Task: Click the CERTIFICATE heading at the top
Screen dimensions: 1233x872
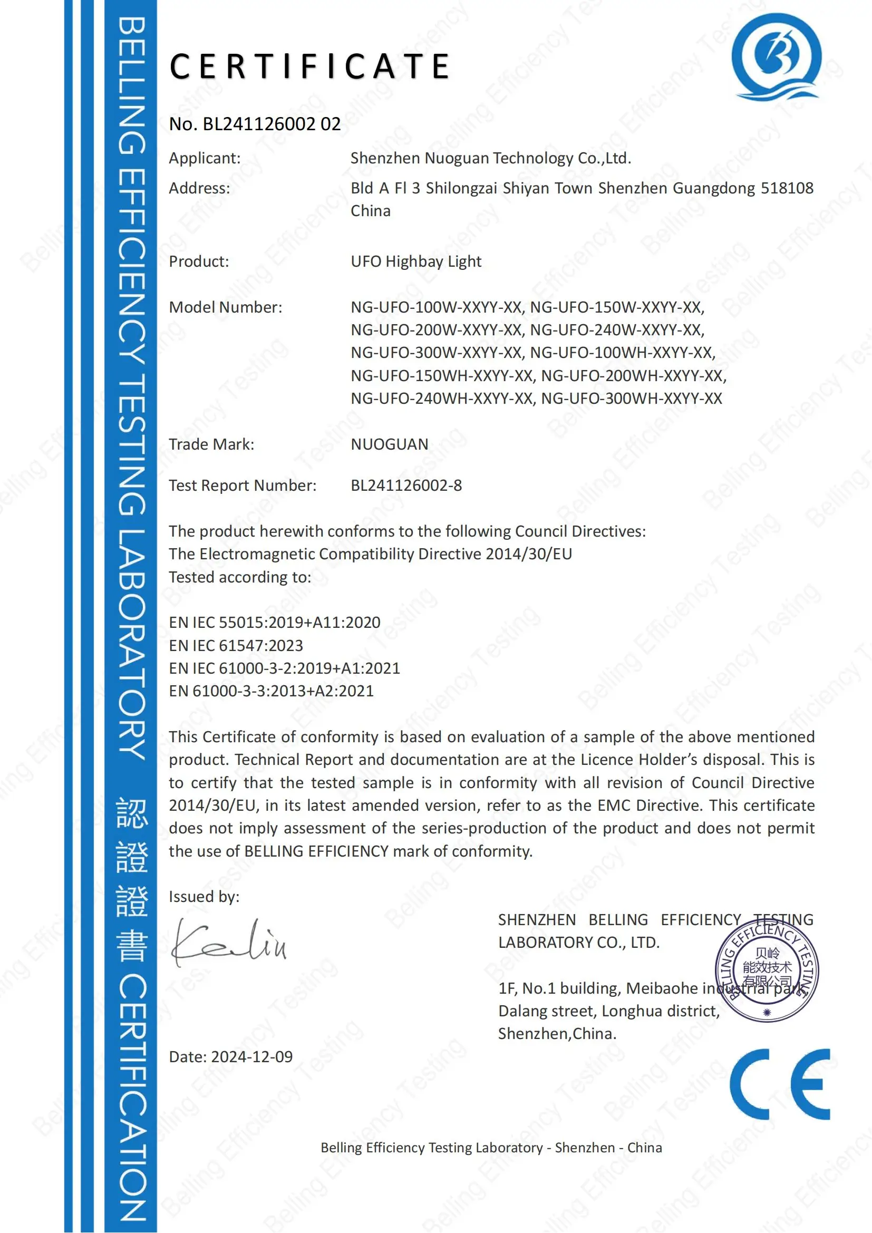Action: (x=309, y=66)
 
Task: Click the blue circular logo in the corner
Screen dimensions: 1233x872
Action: (x=776, y=57)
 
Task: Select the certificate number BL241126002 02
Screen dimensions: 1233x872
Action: (x=271, y=124)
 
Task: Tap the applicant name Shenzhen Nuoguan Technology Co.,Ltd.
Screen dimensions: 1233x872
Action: (x=490, y=158)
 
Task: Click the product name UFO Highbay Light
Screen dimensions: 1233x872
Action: (x=415, y=261)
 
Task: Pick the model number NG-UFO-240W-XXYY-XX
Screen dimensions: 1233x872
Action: (x=616, y=329)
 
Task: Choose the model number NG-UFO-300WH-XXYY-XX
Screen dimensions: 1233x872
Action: (x=631, y=398)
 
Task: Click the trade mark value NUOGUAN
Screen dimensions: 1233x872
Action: (x=389, y=444)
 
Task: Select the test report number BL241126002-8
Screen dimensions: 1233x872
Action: (x=406, y=486)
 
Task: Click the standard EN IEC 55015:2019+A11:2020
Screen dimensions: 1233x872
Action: (x=274, y=623)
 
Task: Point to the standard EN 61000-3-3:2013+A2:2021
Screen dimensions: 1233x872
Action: (x=270, y=691)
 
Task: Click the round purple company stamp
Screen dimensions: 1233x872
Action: (x=766, y=972)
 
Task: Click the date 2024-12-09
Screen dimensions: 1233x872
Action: (x=252, y=1057)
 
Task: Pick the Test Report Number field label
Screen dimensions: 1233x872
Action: (x=242, y=486)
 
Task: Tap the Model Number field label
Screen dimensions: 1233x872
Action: (x=225, y=307)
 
